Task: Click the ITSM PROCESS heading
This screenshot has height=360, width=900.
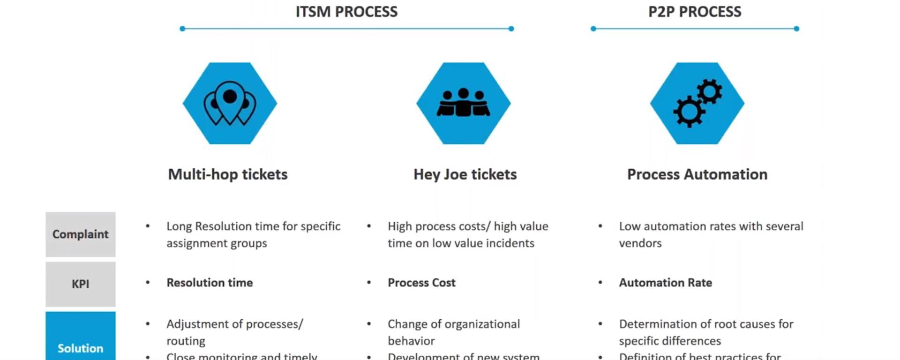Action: (346, 12)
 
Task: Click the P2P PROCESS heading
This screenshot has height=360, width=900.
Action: (695, 12)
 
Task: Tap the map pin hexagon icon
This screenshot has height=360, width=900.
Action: (230, 103)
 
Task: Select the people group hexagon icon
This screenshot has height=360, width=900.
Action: (463, 103)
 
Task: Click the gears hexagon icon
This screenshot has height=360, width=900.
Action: (697, 103)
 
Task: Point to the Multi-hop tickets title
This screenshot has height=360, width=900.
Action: (228, 174)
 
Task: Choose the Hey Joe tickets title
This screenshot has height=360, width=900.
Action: (465, 174)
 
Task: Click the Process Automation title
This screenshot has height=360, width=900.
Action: (697, 174)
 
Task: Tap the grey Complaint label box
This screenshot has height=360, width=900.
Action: (81, 234)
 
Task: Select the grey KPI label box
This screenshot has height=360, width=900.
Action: (81, 284)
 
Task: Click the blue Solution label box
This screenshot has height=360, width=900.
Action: (81, 342)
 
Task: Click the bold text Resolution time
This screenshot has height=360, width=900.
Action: (210, 283)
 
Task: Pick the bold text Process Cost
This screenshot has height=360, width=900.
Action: (421, 283)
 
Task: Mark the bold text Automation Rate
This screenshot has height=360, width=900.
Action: (665, 283)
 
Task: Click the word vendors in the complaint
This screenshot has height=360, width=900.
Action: (640, 243)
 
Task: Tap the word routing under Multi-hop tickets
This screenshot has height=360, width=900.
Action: (186, 341)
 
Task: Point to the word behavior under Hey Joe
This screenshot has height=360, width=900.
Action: (411, 341)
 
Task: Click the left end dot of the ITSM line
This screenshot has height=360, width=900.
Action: (182, 29)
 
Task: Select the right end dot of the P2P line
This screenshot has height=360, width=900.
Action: (796, 29)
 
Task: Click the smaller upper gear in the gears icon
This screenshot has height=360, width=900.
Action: (709, 91)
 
